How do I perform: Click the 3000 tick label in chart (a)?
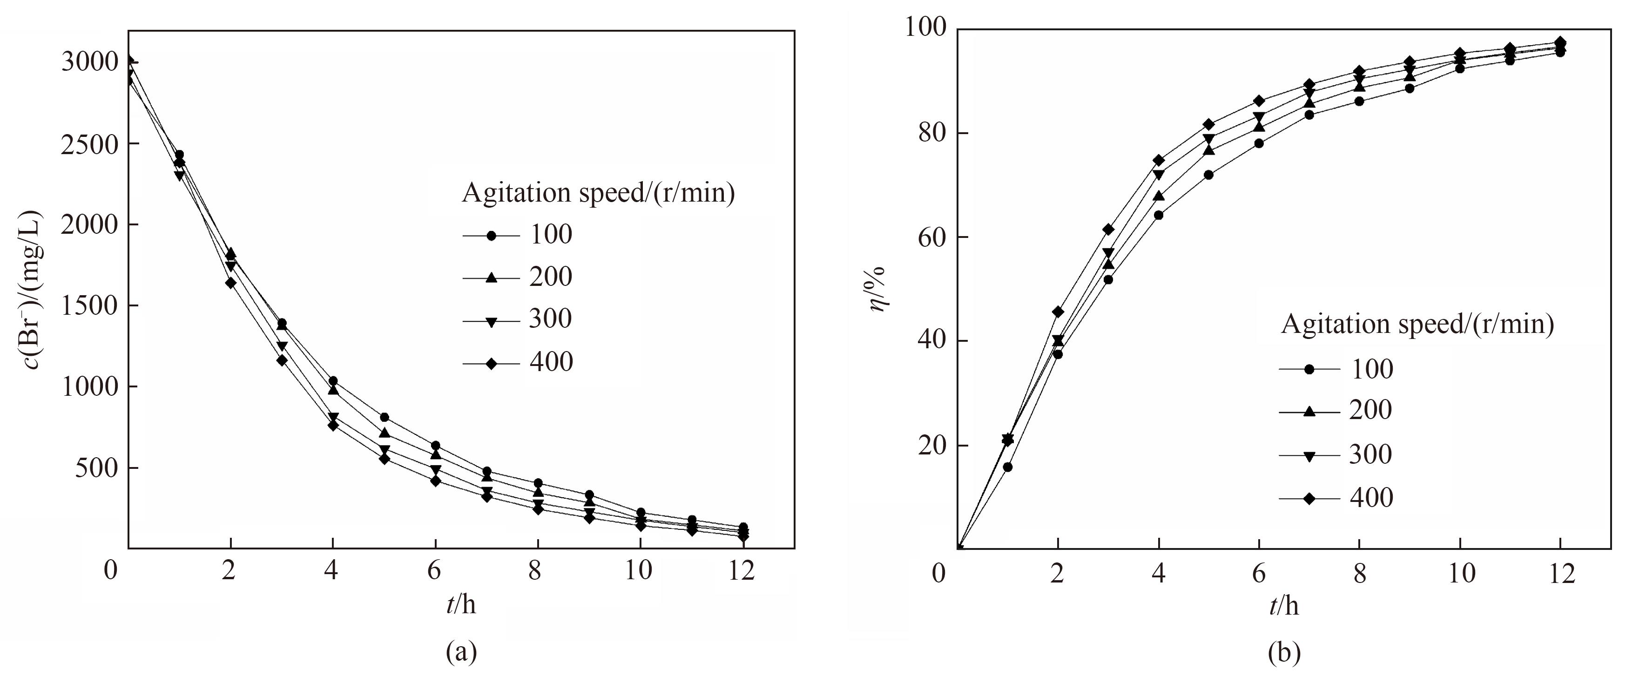coord(90,62)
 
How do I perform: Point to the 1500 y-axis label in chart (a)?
coord(90,305)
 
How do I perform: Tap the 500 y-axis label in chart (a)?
coord(97,468)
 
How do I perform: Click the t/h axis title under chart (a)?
coord(461,604)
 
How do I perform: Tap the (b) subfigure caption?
coord(1284,653)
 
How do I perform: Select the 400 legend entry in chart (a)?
coord(551,362)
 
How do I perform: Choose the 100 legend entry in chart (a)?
coord(551,235)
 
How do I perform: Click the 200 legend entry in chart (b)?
coord(1370,410)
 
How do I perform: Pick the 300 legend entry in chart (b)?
coord(1370,454)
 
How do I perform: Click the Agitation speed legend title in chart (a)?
coord(598,192)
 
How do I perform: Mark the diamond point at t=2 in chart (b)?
coord(1058,312)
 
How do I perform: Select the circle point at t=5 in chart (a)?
coord(385,418)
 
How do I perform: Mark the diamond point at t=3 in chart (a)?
coord(282,360)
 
